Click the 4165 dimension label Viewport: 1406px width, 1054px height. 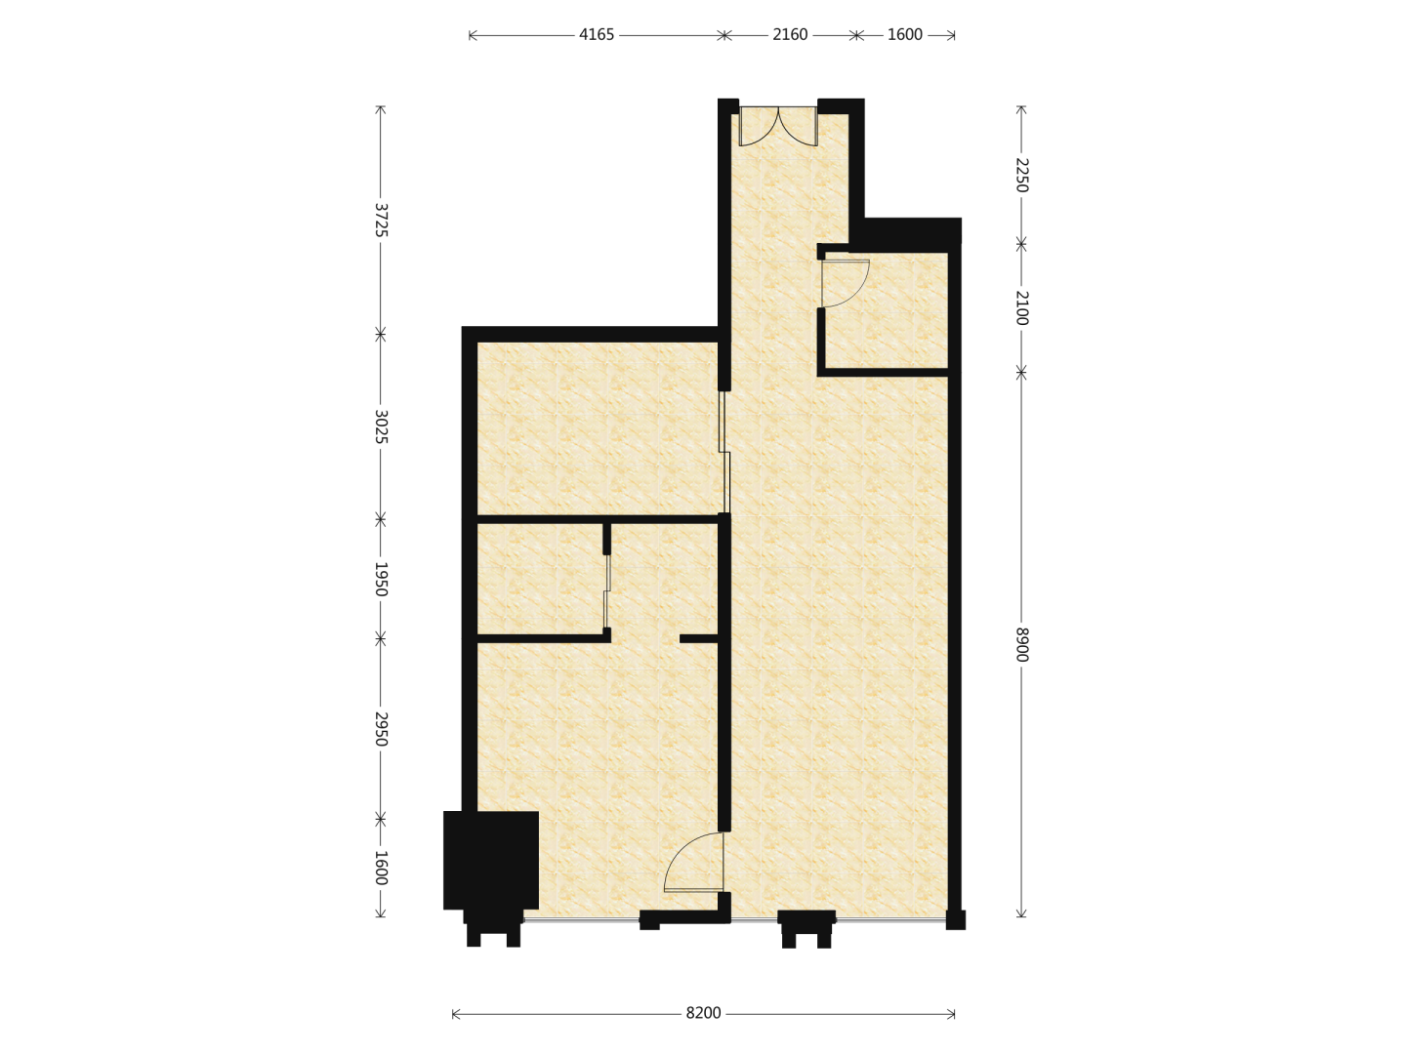[x=596, y=34]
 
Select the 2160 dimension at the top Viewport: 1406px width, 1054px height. [x=789, y=34]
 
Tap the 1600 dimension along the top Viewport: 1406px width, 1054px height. [x=904, y=34]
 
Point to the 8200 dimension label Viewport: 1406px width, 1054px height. [x=703, y=1013]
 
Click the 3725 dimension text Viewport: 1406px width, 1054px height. [x=381, y=220]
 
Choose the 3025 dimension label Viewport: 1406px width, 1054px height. [x=381, y=426]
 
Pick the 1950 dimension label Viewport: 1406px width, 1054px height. [x=381, y=579]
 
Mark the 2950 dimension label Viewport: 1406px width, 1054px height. [x=381, y=729]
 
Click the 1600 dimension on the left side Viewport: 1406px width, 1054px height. [x=381, y=868]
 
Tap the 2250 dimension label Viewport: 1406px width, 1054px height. [x=1021, y=175]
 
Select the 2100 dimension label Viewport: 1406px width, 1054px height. [x=1021, y=307]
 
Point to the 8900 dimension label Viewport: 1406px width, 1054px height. [x=1021, y=645]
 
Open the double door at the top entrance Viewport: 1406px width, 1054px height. [x=778, y=126]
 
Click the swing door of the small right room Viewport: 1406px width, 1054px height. [x=845, y=283]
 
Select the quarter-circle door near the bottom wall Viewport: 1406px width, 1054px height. [x=693, y=862]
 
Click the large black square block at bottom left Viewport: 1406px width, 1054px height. [x=491, y=860]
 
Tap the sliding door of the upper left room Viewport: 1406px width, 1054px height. [x=724, y=452]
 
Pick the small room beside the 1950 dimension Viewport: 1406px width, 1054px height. [x=540, y=579]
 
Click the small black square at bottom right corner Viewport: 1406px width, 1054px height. [x=955, y=919]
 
